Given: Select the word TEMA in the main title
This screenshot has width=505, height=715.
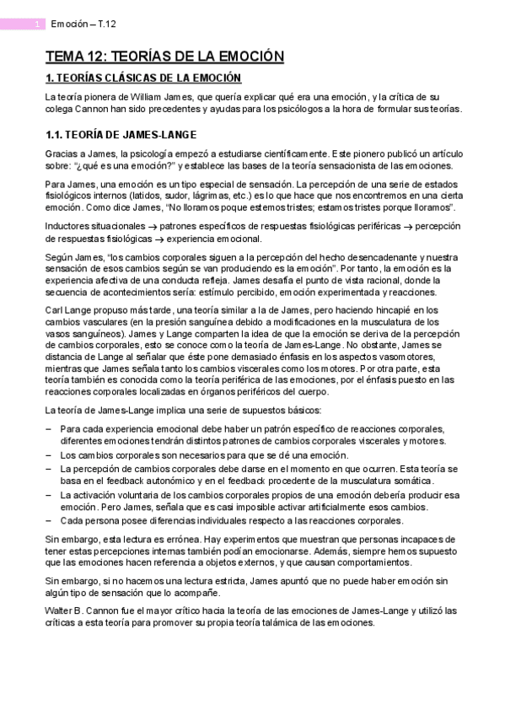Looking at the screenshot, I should (64, 56).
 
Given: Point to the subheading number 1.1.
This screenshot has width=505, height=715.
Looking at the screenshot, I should (55, 134).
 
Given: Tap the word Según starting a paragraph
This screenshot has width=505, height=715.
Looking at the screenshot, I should (61, 256).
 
